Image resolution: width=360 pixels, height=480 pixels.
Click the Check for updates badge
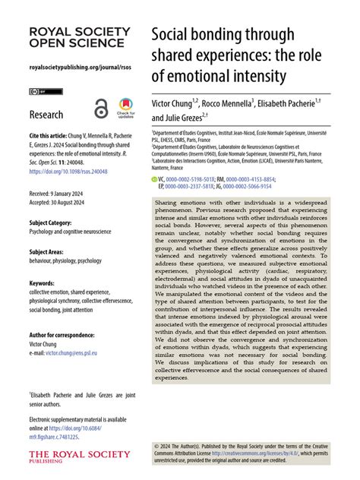point(125,110)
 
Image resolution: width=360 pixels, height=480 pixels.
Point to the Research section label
point(46,115)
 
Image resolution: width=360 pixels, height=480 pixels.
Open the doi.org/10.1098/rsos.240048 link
point(65,172)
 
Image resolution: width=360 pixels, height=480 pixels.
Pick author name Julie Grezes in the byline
point(191,118)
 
